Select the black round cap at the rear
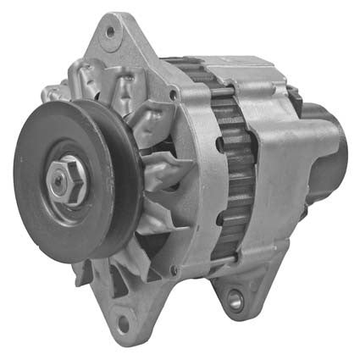tap(325, 161)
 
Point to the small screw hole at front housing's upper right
tap(173, 95)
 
